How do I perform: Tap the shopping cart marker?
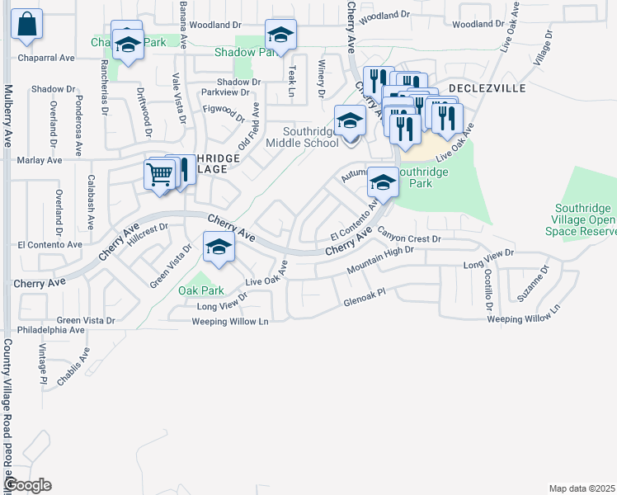[159, 174]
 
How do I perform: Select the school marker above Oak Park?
[218, 247]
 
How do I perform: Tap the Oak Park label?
[201, 290]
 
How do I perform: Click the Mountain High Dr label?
[379, 261]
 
